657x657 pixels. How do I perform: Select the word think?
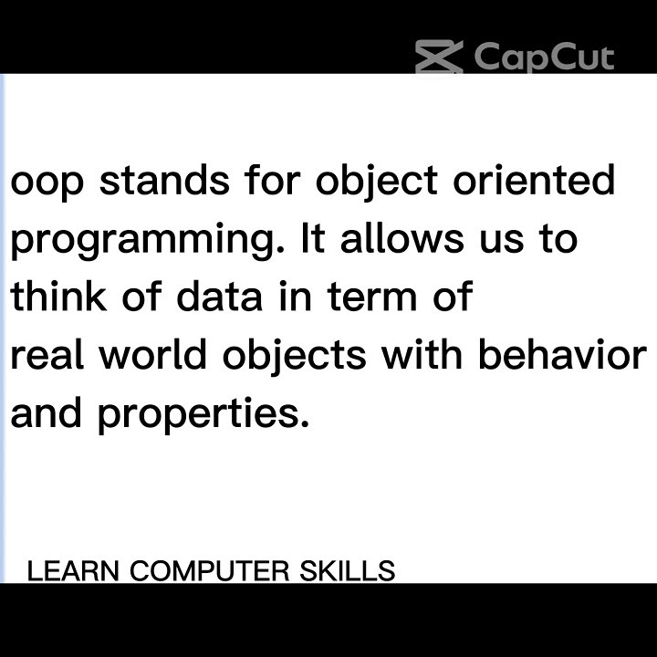point(58,297)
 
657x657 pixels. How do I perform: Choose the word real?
point(46,356)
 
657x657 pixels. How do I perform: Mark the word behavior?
point(562,356)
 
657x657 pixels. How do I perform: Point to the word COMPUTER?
point(210,571)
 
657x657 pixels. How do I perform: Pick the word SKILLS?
point(348,571)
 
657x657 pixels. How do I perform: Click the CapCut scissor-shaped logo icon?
point(439,57)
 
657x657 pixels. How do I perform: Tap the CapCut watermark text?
point(544,57)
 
